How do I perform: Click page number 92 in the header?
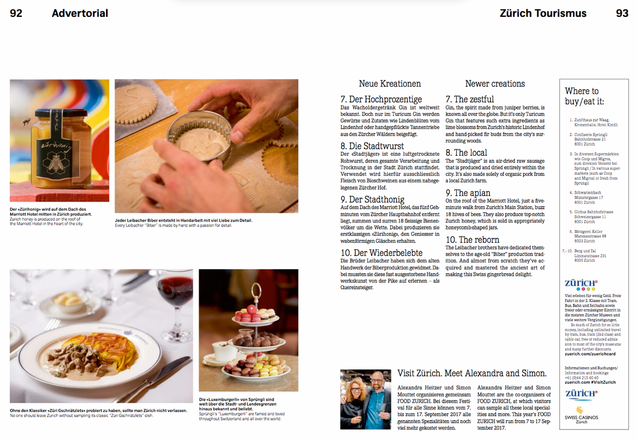(16, 13)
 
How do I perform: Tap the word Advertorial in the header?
(80, 13)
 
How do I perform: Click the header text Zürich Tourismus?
(543, 13)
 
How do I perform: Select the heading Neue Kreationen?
(390, 84)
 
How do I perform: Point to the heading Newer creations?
(495, 84)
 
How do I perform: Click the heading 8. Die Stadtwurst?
(372, 146)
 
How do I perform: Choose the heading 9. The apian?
(468, 193)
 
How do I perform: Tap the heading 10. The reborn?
(472, 239)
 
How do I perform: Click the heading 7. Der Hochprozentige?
(381, 99)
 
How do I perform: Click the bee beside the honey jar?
(27, 121)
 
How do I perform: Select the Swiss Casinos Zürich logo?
(581, 415)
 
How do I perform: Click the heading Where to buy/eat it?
(584, 96)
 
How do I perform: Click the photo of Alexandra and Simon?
(366, 399)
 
